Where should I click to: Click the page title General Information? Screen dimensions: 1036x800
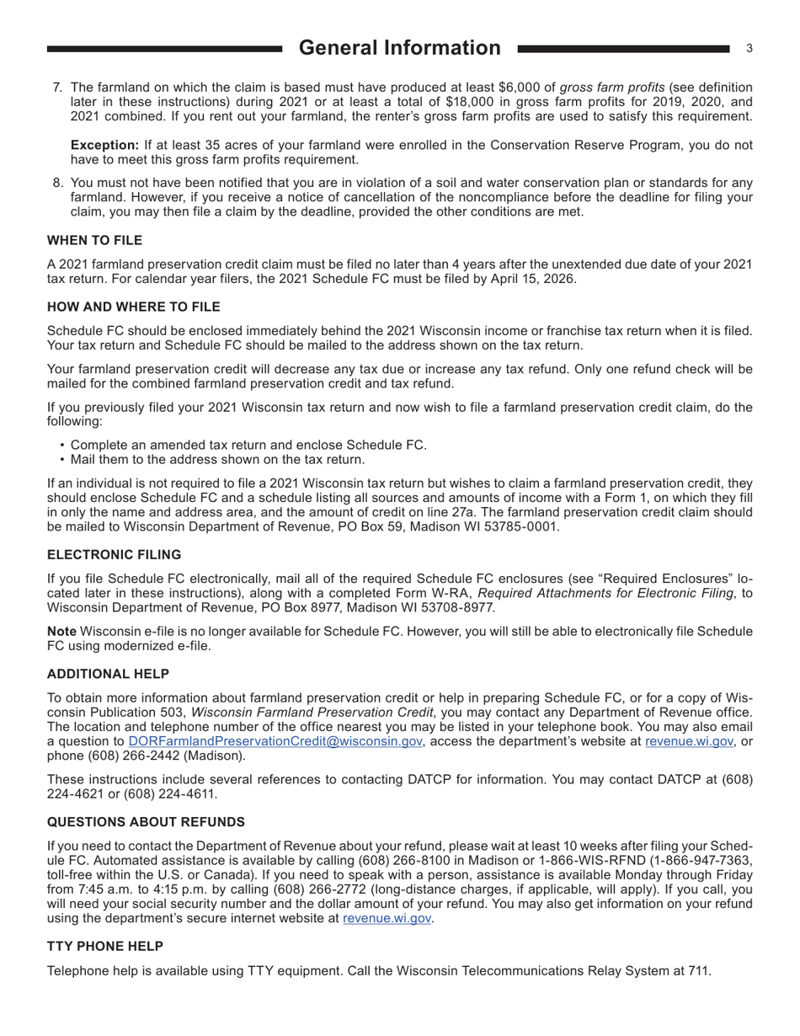[399, 48]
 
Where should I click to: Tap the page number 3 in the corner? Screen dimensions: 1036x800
[749, 49]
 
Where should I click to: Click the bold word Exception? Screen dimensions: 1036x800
[104, 145]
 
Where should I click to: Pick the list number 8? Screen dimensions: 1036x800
[57, 183]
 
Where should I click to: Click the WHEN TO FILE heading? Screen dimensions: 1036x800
[94, 241]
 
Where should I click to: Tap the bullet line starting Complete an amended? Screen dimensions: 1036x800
[248, 445]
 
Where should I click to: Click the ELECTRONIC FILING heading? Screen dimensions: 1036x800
[114, 555]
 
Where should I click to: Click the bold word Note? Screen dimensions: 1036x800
[61, 632]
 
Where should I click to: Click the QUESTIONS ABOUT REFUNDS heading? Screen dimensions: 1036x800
[146, 822]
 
